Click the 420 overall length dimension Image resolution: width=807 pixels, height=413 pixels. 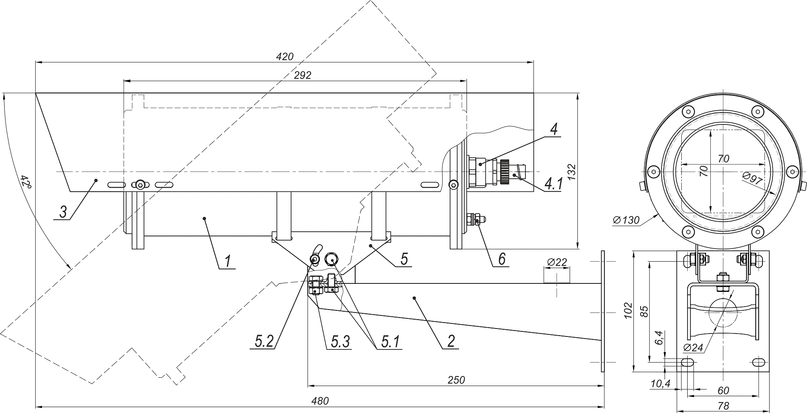(285, 57)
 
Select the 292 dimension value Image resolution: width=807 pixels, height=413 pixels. (303, 75)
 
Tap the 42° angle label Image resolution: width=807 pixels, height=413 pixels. (26, 182)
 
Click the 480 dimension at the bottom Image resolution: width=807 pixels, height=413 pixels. (320, 401)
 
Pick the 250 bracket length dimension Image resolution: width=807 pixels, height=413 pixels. (456, 380)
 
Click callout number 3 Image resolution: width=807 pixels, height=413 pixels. (63, 212)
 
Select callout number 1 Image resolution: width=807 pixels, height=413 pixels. (227, 261)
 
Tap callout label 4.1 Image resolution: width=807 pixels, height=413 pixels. (553, 184)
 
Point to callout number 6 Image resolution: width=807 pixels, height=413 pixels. (502, 259)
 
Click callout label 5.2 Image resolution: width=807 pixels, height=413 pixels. (264, 342)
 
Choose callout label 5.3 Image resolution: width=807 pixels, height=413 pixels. (340, 342)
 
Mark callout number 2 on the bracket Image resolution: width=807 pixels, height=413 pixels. (451, 341)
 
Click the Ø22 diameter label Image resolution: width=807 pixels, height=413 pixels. (557, 262)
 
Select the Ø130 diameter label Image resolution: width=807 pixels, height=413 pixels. (626, 220)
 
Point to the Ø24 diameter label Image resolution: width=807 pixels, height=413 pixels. (694, 347)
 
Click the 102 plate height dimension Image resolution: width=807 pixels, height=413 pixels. (628, 310)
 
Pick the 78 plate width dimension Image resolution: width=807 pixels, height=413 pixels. (723, 406)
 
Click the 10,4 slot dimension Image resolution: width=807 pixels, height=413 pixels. (660, 383)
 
